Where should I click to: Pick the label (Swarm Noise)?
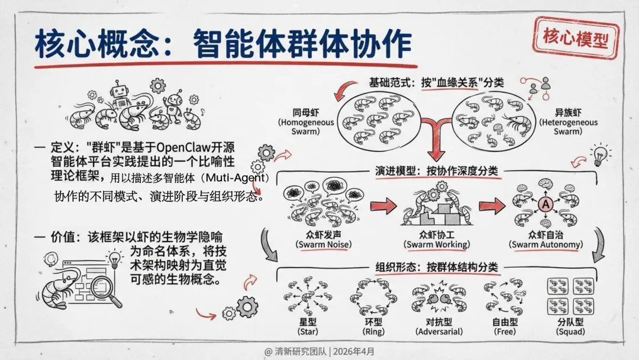point(317,245)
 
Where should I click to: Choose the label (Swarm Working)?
point(437,245)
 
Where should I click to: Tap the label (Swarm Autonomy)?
point(547,245)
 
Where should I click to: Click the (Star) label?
point(309,332)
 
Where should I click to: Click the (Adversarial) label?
point(438,332)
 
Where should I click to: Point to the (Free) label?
point(501,332)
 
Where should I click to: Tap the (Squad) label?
point(570,332)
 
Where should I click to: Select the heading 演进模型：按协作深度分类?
point(437,171)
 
